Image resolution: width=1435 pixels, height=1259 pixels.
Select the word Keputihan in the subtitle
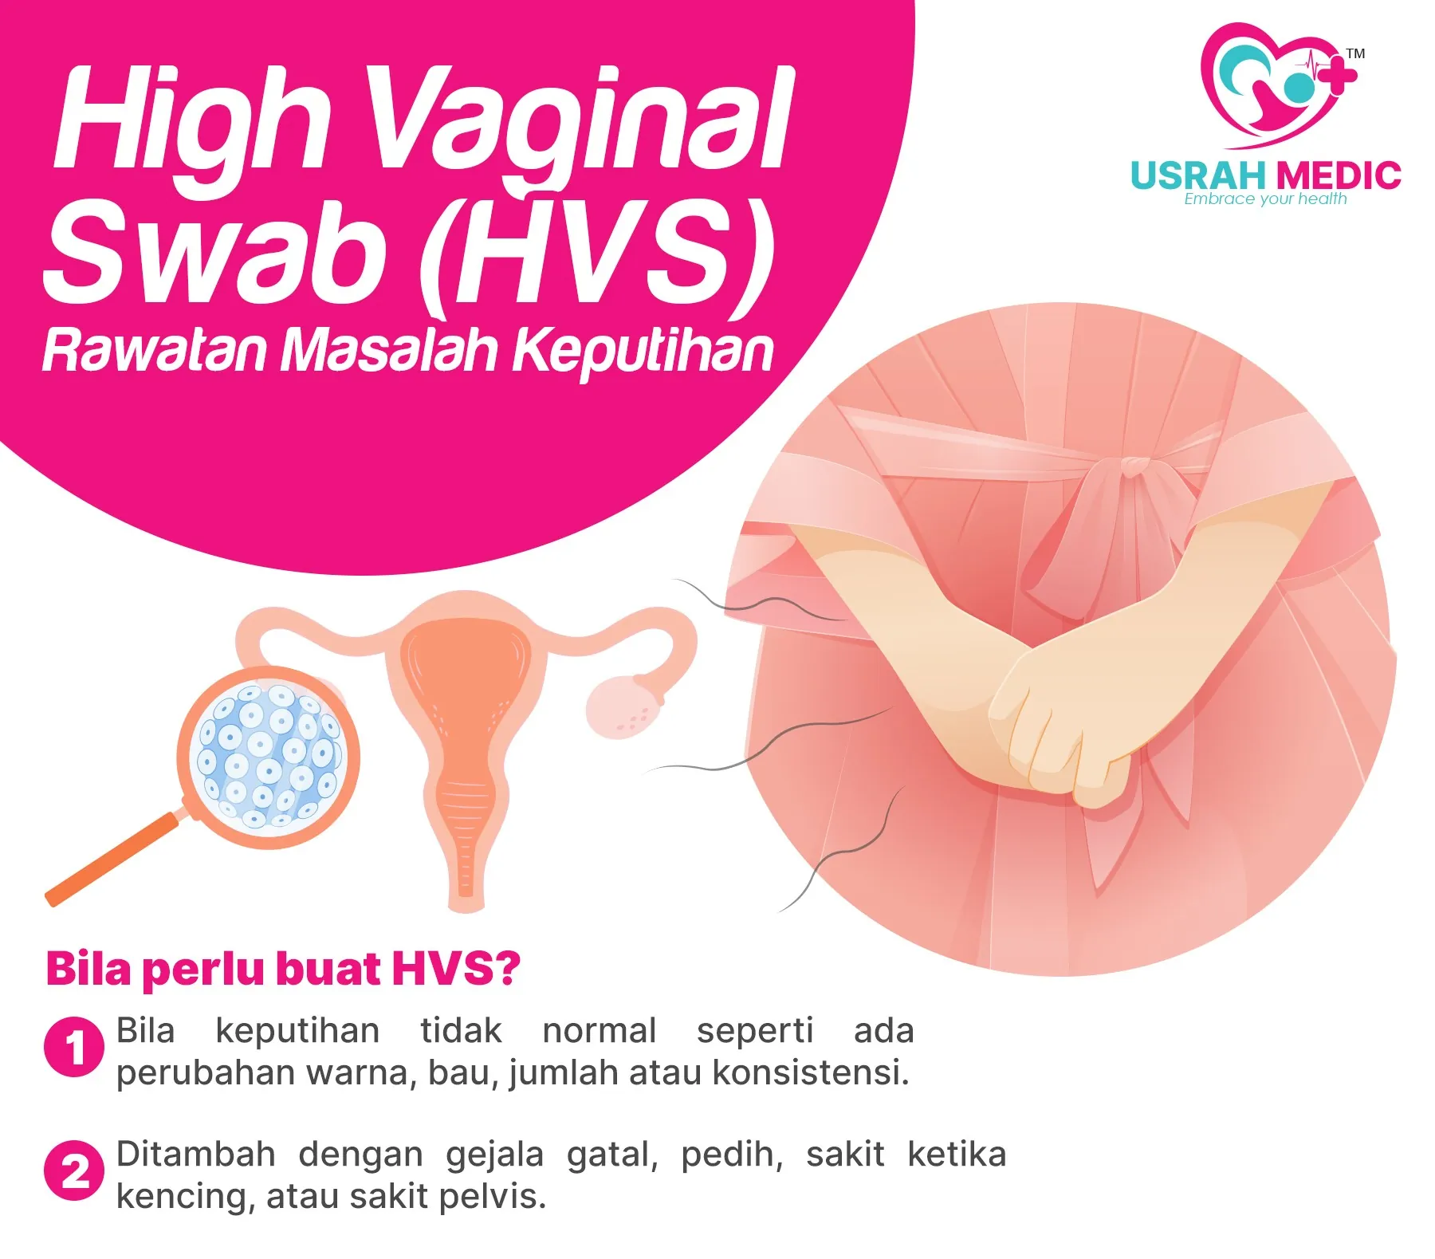pos(643,351)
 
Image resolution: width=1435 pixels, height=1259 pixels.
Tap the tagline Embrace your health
pos(1265,199)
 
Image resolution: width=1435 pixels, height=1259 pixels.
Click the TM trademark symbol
pos(1355,53)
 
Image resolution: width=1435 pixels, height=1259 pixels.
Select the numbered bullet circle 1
pos(74,1046)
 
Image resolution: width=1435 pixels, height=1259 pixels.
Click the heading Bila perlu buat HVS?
pos(283,969)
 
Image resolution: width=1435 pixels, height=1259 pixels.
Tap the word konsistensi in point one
pos(810,1072)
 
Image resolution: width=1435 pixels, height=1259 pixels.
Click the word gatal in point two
pos(612,1155)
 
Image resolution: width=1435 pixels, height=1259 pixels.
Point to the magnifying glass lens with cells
pos(269,757)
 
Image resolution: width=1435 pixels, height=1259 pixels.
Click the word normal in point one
pos(599,1030)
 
